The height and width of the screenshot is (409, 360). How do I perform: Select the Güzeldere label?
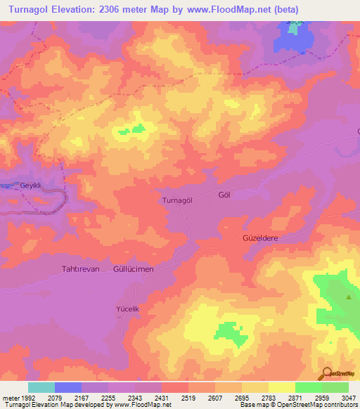pyautogui.click(x=261, y=239)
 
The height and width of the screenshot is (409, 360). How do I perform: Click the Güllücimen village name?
pyautogui.click(x=133, y=269)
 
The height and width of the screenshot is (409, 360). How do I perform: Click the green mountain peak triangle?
pyautogui.click(x=349, y=297)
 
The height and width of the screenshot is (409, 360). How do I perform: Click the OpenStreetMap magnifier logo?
pyautogui.click(x=326, y=374)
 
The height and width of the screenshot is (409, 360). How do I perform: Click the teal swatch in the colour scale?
pyautogui.click(x=41, y=387)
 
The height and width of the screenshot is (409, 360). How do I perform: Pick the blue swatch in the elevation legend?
pyautogui.click(x=67, y=387)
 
